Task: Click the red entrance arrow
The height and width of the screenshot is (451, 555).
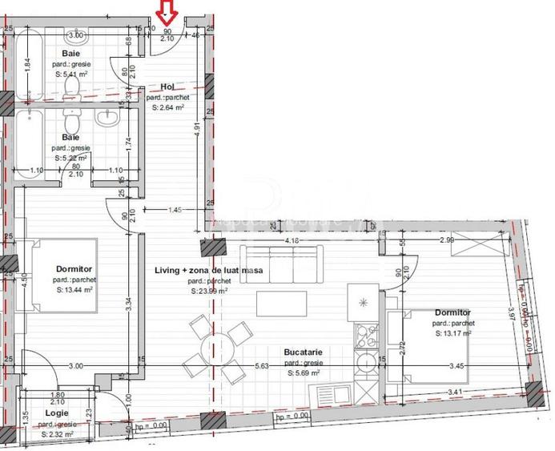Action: pyautogui.click(x=167, y=10)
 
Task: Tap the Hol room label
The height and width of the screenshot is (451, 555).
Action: pyautogui.click(x=167, y=87)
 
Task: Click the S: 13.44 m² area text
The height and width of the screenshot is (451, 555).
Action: pyautogui.click(x=76, y=292)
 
